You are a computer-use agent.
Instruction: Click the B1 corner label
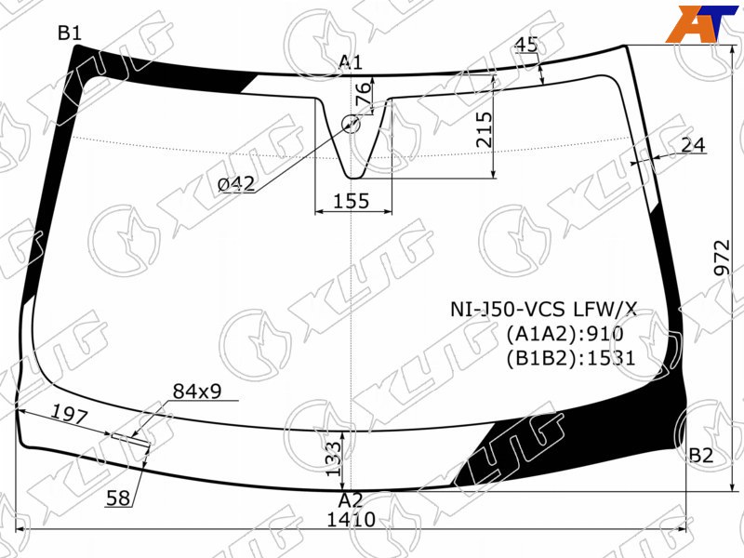click(x=70, y=33)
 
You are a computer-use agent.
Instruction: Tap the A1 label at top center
click(x=351, y=62)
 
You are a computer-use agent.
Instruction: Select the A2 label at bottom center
click(x=351, y=500)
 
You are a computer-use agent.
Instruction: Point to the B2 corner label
click(x=701, y=456)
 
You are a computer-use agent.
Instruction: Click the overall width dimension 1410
click(x=352, y=520)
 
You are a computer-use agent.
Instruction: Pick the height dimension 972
click(x=723, y=258)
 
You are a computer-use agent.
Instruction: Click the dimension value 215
click(x=484, y=129)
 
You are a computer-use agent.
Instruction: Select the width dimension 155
click(x=352, y=201)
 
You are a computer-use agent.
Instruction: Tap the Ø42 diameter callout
click(x=236, y=183)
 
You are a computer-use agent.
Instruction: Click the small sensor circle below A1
click(x=352, y=125)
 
